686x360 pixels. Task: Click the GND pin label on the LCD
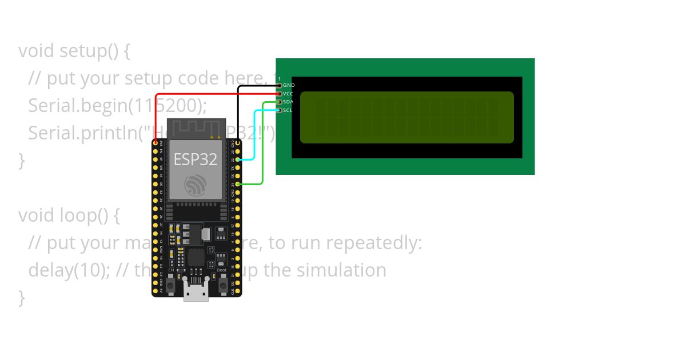click(x=289, y=85)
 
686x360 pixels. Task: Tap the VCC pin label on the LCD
click(x=288, y=93)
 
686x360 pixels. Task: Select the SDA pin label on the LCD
click(x=288, y=102)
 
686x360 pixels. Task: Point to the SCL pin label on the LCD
click(x=288, y=110)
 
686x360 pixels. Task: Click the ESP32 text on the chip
click(x=196, y=159)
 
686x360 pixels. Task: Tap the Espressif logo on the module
click(x=196, y=185)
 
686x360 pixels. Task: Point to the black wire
click(x=239, y=114)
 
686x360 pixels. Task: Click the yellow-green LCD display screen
click(x=406, y=117)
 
